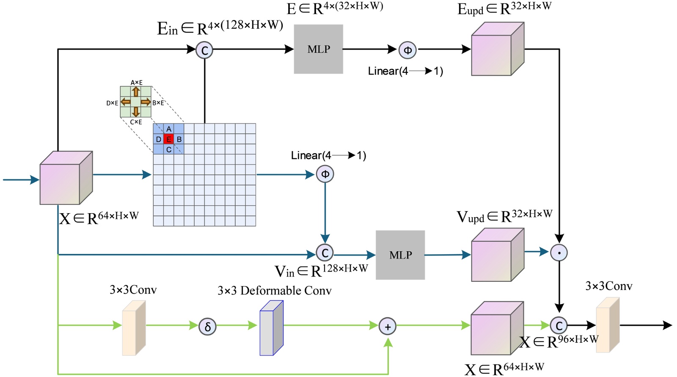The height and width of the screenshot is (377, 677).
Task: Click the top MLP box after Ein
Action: [x=318, y=49]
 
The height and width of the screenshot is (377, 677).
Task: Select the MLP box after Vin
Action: [x=400, y=255]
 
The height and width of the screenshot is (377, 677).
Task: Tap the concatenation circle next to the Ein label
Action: [x=204, y=50]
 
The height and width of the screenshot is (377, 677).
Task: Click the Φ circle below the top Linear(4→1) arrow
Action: [x=407, y=50]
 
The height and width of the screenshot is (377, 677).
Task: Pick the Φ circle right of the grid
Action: [x=325, y=174]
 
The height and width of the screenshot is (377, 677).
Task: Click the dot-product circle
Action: [x=559, y=253]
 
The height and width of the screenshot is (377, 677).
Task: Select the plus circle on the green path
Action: [x=388, y=326]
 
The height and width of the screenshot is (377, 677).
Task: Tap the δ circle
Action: [x=207, y=327]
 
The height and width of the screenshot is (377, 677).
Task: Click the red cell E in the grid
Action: [x=168, y=139]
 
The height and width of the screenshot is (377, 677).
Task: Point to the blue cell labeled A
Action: [x=168, y=129]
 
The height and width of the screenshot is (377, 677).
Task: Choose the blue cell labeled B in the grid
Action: [x=179, y=139]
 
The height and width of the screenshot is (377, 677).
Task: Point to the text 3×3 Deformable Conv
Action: [x=274, y=291]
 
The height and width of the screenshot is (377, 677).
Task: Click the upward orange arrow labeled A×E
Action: [x=136, y=92]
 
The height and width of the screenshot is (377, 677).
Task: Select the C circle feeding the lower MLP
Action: [x=325, y=253]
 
